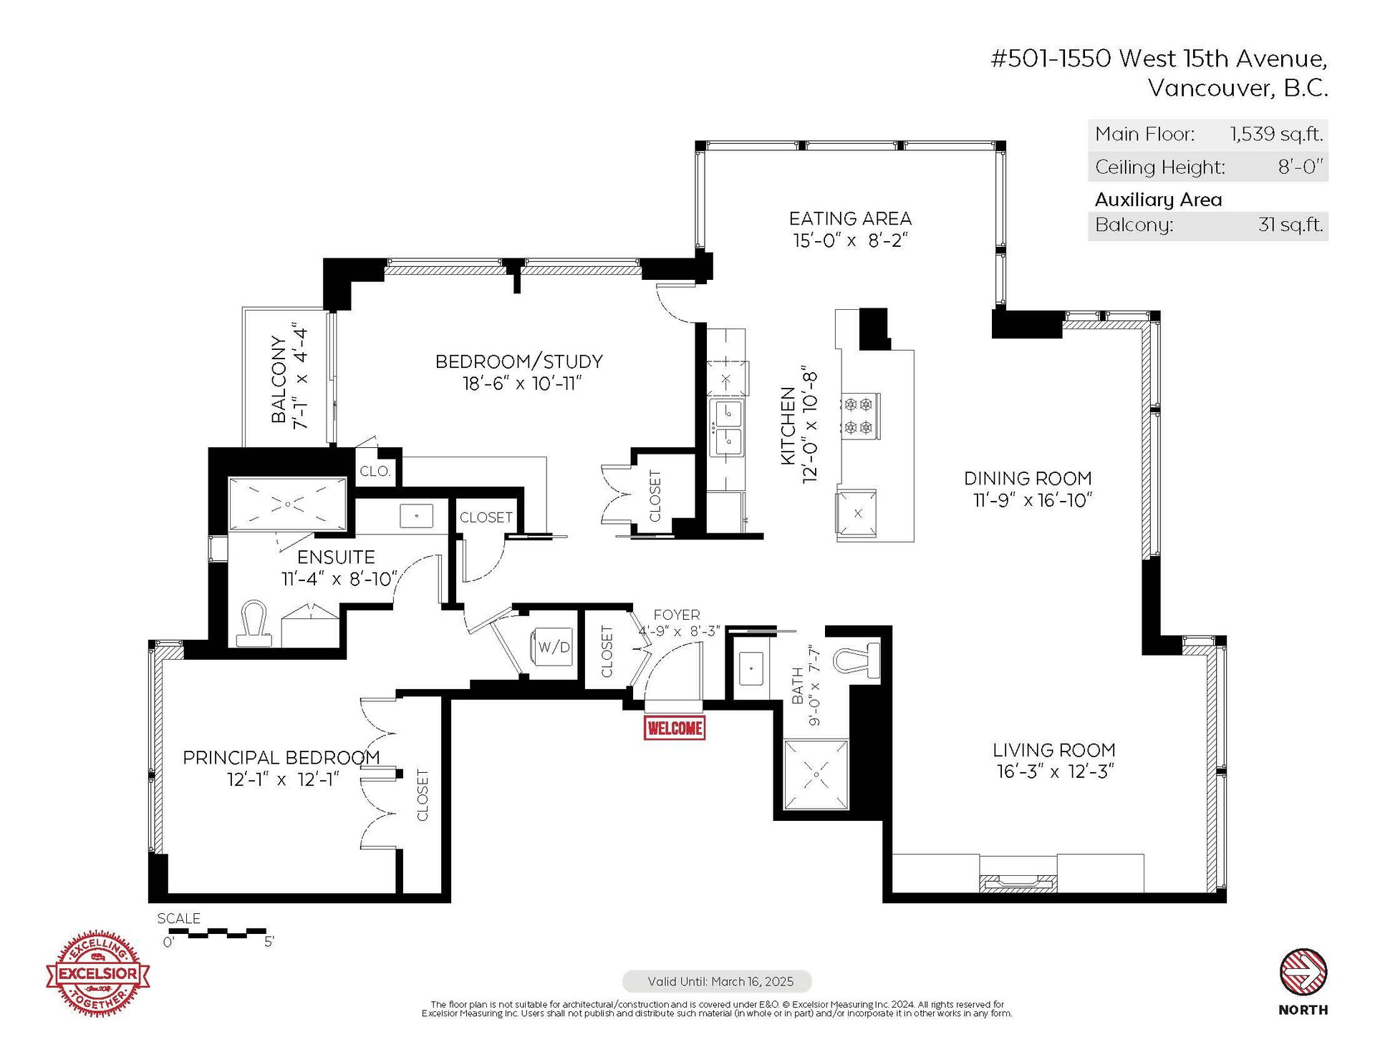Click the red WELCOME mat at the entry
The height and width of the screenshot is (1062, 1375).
675,728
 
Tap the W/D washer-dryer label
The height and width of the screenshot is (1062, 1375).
554,648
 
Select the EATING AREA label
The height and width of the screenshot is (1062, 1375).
850,218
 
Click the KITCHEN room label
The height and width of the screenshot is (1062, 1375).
788,427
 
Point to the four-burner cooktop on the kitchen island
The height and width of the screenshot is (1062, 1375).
859,416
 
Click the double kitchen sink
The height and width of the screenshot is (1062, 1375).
727,427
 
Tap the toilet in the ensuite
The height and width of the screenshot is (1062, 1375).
254,623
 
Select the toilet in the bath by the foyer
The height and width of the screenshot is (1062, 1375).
857,660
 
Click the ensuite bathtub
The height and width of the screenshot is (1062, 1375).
287,505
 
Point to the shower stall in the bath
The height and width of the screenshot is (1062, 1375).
816,774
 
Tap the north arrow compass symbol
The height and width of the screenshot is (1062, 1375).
1303,972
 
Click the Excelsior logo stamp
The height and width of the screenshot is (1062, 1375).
98,973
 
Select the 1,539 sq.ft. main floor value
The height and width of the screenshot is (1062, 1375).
1277,134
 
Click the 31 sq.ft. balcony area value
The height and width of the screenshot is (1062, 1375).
1290,225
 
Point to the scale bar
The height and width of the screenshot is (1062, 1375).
217,933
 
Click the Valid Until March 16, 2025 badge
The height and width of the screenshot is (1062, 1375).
718,981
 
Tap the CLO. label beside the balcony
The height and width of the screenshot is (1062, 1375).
375,471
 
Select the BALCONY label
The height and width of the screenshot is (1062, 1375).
279,379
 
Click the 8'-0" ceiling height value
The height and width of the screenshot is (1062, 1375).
1301,167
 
